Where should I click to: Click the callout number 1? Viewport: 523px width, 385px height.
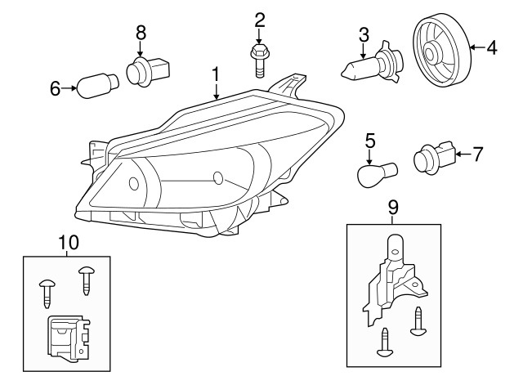pos(216,74)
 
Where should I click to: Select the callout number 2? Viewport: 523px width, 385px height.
pos(260,19)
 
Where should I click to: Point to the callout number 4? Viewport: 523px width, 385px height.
pos(491,48)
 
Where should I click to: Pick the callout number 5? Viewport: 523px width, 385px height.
pos(369,141)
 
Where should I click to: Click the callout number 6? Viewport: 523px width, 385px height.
pos(56,88)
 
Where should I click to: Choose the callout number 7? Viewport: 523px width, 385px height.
pos(479,152)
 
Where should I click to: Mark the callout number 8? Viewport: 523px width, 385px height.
pos(141,32)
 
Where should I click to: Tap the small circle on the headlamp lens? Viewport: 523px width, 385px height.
pos(217,178)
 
